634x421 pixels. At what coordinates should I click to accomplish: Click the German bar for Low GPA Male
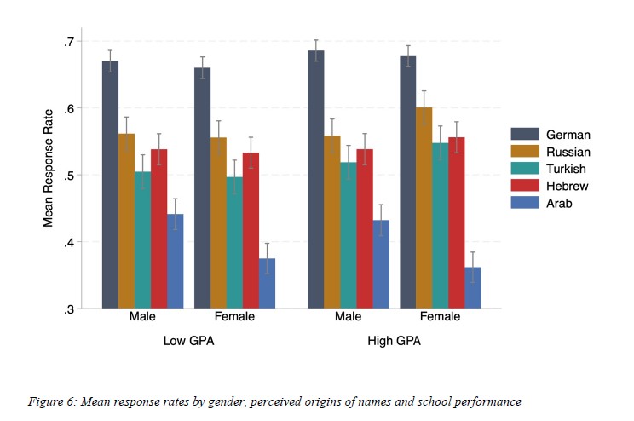110,184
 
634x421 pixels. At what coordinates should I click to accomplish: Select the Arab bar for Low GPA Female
268,283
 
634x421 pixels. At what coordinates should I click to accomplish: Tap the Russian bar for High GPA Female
424,208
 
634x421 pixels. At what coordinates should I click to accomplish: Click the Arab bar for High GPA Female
473,287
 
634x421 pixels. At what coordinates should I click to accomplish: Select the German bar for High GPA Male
316,179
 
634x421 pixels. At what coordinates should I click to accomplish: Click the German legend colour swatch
524,134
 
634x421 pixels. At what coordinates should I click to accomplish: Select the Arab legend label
558,202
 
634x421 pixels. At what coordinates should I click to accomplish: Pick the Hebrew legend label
567,185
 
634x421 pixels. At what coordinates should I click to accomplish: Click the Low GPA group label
188,341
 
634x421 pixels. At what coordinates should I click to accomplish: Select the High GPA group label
395,341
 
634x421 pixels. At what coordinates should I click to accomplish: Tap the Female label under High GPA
441,317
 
